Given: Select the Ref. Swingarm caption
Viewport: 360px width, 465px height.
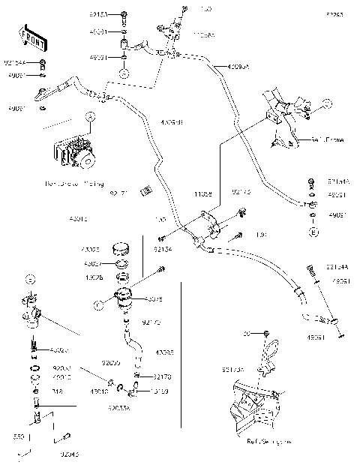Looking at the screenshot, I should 268,442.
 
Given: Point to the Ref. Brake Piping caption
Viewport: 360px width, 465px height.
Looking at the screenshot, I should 75,184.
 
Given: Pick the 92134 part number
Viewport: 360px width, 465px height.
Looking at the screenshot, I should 163,249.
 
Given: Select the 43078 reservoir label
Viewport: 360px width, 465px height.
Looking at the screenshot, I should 152,299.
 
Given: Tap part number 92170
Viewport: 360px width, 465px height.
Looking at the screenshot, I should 163,377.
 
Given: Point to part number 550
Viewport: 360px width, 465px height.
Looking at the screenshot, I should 21,436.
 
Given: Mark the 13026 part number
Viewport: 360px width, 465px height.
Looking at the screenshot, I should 94,277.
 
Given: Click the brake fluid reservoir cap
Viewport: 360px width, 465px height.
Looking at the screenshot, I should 121,248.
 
